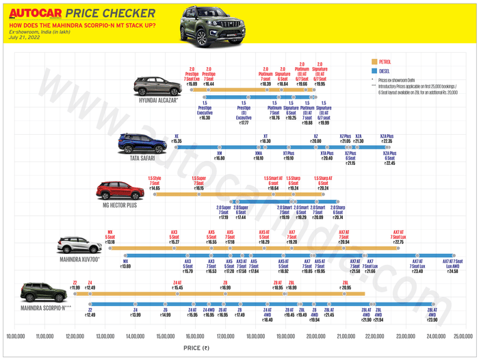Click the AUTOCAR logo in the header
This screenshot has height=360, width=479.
36,12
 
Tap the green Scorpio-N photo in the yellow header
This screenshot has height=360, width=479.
205,26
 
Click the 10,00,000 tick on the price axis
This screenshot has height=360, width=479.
21,336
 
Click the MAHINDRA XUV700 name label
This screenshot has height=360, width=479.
79,259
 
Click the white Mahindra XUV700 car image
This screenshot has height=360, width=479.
78,245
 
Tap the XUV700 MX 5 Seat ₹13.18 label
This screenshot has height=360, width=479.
110,237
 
